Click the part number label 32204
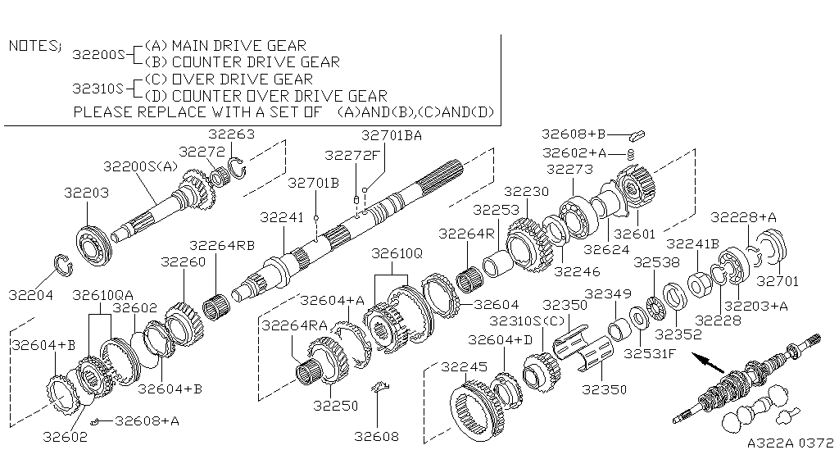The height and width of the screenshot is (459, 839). click(31, 293)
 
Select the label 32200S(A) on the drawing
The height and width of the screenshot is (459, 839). click(140, 166)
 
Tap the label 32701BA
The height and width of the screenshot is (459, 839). click(391, 136)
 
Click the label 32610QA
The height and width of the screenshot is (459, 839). click(103, 293)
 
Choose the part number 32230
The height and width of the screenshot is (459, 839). click(525, 191)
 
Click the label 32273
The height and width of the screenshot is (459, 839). click(569, 170)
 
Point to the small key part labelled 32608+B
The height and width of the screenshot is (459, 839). click(639, 134)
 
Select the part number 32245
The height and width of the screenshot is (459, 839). click(464, 366)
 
